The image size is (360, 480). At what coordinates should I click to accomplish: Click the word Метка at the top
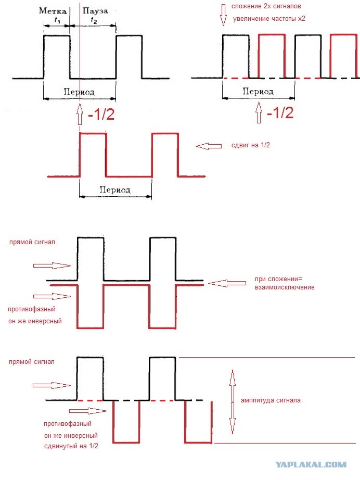[53, 11]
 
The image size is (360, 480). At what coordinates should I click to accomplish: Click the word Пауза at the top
[95, 11]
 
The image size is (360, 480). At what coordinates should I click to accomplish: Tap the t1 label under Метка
[57, 20]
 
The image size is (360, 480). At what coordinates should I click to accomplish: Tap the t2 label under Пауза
[94, 20]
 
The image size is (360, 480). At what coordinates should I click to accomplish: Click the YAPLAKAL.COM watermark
[311, 464]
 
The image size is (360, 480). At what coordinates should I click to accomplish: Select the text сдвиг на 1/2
[251, 145]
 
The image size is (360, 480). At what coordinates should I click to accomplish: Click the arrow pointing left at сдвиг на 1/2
[209, 146]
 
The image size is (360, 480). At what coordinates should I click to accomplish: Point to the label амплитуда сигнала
[271, 400]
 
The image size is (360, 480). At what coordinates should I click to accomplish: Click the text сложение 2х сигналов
[266, 6]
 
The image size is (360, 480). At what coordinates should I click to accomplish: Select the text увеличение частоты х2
[269, 19]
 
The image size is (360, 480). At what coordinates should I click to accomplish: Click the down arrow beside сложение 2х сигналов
[223, 15]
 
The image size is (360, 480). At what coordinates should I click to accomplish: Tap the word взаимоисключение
[285, 287]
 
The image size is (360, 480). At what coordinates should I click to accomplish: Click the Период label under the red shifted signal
[115, 190]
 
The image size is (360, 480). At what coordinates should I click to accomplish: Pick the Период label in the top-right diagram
[258, 91]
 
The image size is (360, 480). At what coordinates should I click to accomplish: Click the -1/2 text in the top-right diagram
[280, 112]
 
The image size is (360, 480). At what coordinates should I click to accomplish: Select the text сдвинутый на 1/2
[71, 446]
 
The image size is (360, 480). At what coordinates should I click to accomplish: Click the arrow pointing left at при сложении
[227, 283]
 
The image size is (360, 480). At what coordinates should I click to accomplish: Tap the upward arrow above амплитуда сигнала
[233, 385]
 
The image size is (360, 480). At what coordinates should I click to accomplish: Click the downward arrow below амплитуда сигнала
[233, 418]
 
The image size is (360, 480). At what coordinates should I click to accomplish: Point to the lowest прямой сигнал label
[32, 362]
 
